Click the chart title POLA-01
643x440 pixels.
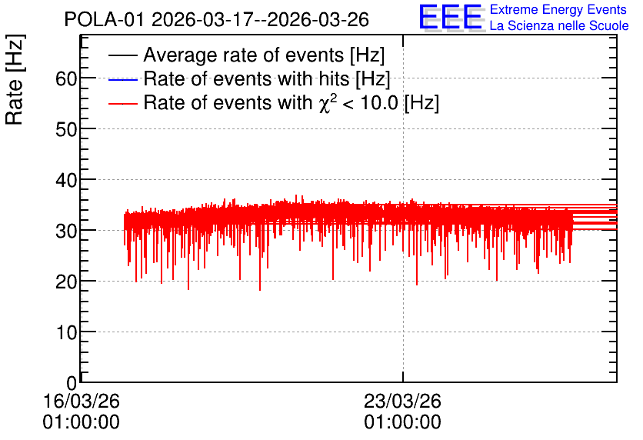[104, 20]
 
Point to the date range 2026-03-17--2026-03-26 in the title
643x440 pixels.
[261, 20]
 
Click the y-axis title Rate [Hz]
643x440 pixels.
[15, 79]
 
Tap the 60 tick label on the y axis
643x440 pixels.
[66, 78]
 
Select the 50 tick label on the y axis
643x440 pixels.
[66, 129]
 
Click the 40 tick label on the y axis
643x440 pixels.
[66, 180]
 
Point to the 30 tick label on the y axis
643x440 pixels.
[66, 231]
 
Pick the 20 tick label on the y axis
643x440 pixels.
[66, 282]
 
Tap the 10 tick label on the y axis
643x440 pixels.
[66, 332]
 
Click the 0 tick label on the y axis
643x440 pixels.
[72, 383]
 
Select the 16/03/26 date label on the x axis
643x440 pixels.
[82, 401]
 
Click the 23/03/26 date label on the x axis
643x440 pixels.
[403, 401]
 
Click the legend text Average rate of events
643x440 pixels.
[244, 55]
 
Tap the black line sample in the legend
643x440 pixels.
[122, 55]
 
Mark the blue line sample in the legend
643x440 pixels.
[122, 79]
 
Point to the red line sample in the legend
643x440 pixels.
[122, 103]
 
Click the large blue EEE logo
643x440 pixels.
[450, 17]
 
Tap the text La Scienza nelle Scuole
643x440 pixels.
[559, 25]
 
